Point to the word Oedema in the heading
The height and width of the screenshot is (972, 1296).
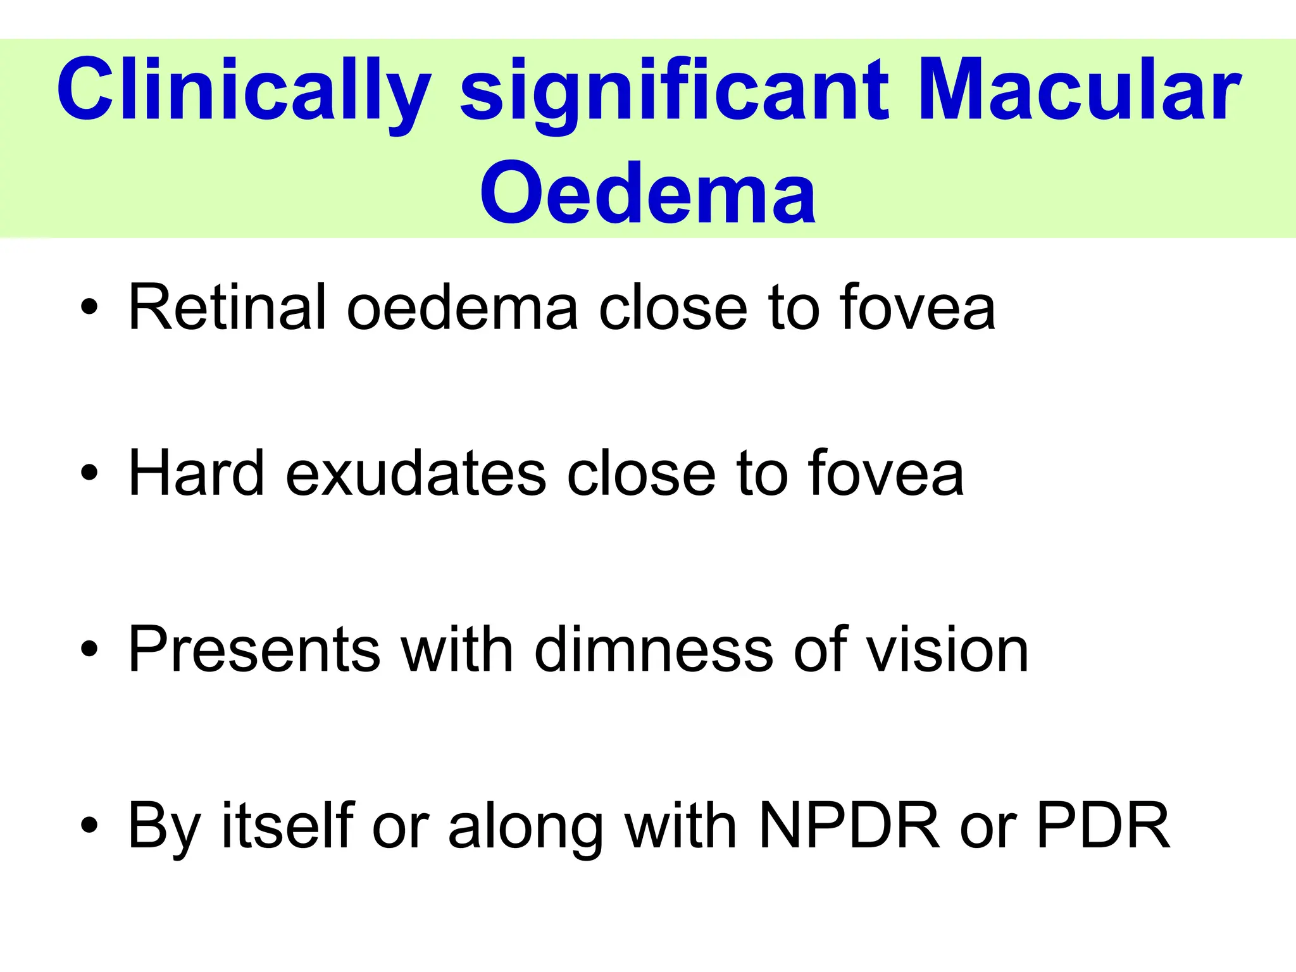point(647,193)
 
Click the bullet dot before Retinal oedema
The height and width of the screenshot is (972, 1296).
point(90,308)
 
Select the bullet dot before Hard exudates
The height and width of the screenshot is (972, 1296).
point(90,473)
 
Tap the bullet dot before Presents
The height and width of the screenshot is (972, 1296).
point(90,649)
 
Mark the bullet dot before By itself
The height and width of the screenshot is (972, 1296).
point(90,825)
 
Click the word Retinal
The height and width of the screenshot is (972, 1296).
point(227,308)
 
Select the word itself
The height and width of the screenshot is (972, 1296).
point(288,825)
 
